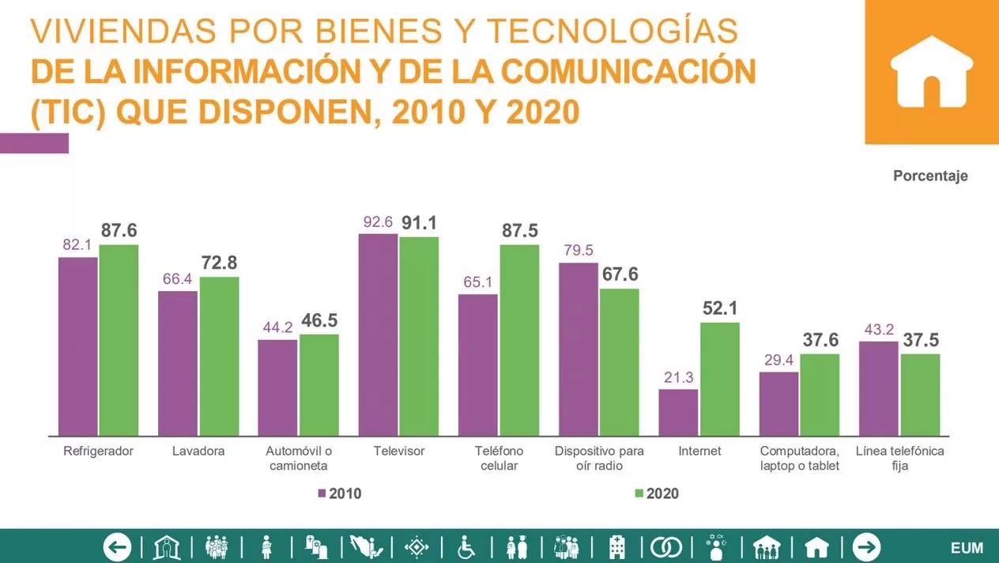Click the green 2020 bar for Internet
point(720,380)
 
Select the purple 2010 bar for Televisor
point(379,335)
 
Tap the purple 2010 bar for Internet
point(678,413)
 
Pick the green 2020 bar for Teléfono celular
point(519,340)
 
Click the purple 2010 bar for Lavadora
point(178,364)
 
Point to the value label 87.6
point(119,230)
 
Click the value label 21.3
point(678,377)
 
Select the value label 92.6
point(378,221)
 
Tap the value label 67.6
point(620,274)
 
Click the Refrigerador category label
point(98,451)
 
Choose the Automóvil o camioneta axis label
point(299,458)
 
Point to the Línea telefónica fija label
point(899,458)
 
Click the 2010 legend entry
point(340,493)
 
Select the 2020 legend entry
point(657,493)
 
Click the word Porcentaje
point(930,176)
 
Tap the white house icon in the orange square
point(932,72)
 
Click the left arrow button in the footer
point(117,547)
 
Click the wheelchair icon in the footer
point(466,547)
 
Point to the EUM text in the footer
point(967,548)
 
